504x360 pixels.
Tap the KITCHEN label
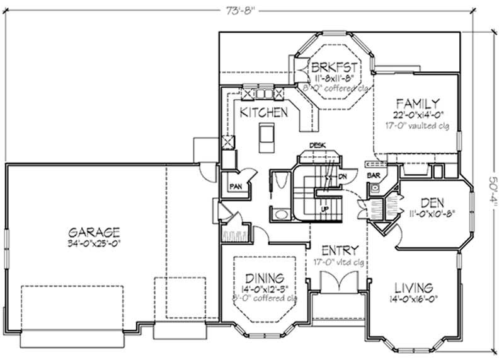pyautogui.click(x=264, y=112)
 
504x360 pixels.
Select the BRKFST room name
pyautogui.click(x=335, y=67)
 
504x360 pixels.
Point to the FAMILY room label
pyautogui.click(x=417, y=103)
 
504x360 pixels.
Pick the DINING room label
pyautogui.click(x=265, y=277)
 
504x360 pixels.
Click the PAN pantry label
pyautogui.click(x=236, y=186)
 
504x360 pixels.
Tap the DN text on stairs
pyautogui.click(x=343, y=177)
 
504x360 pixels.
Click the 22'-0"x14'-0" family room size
pyautogui.click(x=417, y=114)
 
